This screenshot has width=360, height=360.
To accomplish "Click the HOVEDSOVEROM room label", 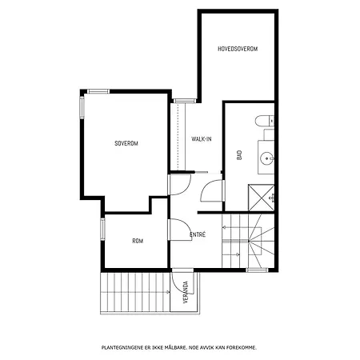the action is [x=238, y=49].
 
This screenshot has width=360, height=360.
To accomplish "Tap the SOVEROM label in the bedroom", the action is [x=126, y=143].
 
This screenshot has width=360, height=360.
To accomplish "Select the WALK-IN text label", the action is [x=202, y=139].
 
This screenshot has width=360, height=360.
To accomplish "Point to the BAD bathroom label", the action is [x=239, y=155].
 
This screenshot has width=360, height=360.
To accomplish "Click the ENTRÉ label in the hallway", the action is [x=198, y=234].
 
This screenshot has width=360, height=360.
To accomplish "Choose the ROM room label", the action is [x=138, y=241].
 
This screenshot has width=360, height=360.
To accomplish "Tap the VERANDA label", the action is [x=186, y=292].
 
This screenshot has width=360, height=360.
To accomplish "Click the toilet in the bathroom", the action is [x=264, y=121].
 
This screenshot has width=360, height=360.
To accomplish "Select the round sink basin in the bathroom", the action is [x=266, y=158].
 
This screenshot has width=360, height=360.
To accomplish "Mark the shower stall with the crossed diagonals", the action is [x=261, y=198].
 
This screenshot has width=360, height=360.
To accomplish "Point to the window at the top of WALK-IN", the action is [x=185, y=101].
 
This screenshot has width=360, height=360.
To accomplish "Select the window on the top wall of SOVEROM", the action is [x=98, y=91].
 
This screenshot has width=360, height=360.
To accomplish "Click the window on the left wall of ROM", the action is [x=102, y=230].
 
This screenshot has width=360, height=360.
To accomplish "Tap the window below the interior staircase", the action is [x=257, y=270].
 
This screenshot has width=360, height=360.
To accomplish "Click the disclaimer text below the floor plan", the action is [x=179, y=347].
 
